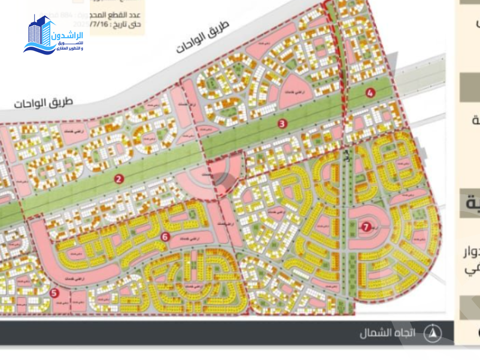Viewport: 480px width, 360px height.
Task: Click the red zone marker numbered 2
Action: [x=119, y=179]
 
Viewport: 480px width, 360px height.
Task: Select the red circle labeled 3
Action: [x=282, y=124]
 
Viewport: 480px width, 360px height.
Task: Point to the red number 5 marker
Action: [x=54, y=293]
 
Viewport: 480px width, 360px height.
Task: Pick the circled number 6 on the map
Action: [x=165, y=237]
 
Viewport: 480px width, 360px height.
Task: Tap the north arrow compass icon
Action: [x=433, y=332]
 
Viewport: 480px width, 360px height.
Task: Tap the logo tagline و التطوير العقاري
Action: [x=69, y=47]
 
